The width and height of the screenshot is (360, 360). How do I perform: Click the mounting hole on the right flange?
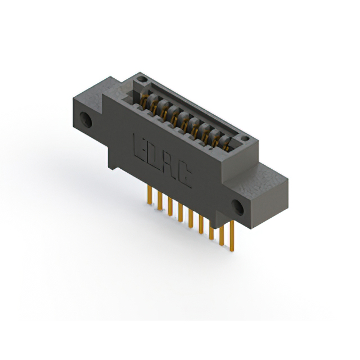point(239,207)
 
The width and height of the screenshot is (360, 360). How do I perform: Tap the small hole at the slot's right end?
point(243,137)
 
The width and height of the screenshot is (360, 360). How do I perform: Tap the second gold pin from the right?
point(222,233)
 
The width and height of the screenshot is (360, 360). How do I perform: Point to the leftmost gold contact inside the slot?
point(145,102)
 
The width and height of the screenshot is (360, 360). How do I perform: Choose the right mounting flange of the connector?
point(259,191)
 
